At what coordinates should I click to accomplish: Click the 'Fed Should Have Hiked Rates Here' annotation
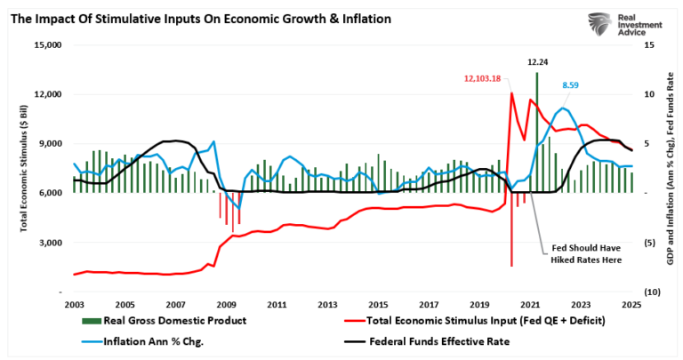[x=583, y=255]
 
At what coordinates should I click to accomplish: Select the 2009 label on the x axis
[x=226, y=304]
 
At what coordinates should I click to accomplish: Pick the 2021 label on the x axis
[x=531, y=304]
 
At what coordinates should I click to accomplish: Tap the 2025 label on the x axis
[x=632, y=304]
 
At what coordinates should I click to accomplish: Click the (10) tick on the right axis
[x=650, y=292]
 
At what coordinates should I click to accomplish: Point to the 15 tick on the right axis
[x=649, y=44]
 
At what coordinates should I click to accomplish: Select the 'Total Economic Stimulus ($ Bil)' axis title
[x=24, y=168]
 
